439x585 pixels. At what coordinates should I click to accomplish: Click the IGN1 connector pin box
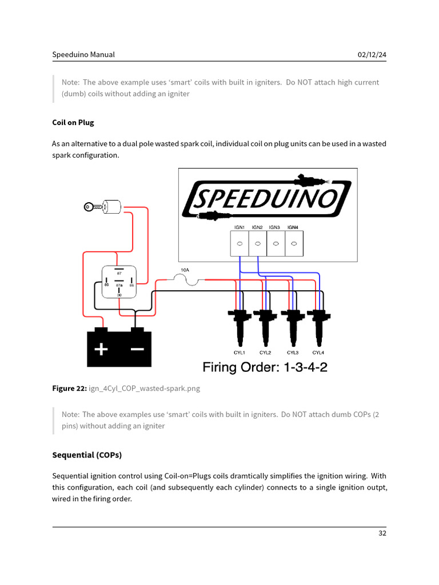tap(240, 243)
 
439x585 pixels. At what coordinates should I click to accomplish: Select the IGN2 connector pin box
tap(258, 243)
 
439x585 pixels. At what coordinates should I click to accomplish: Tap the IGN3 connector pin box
tap(276, 243)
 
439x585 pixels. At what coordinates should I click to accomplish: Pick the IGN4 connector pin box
tap(294, 243)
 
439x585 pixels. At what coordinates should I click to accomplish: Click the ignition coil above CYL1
tap(239, 326)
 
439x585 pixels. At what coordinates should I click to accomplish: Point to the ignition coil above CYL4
tap(318, 326)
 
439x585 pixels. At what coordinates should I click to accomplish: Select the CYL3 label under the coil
tap(292, 352)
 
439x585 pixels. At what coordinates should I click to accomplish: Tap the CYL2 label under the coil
tap(265, 352)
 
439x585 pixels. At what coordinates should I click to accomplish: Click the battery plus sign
tap(101, 349)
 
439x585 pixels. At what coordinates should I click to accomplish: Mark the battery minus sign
tap(137, 349)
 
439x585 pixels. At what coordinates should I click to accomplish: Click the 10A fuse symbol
tap(185, 279)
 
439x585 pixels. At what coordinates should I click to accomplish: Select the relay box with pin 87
tap(118, 282)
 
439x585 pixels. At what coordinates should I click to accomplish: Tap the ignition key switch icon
tap(103, 207)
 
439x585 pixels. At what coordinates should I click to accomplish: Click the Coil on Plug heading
tap(73, 122)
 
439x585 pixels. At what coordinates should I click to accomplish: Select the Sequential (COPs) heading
tap(86, 455)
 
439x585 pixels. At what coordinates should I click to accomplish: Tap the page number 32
tap(382, 534)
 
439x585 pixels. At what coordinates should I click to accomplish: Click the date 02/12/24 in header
tap(372, 55)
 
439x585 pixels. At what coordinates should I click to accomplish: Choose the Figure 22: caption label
tap(69, 388)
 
